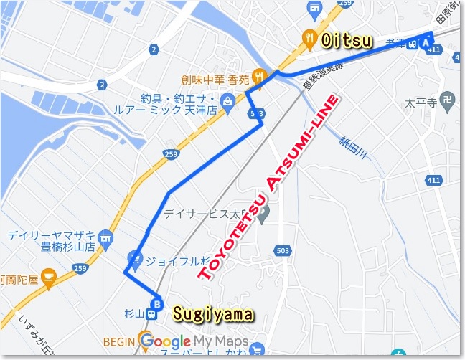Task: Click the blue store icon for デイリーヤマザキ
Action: [x=105, y=236]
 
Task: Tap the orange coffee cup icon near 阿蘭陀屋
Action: [x=49, y=275]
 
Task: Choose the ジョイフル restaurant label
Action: [x=177, y=260]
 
